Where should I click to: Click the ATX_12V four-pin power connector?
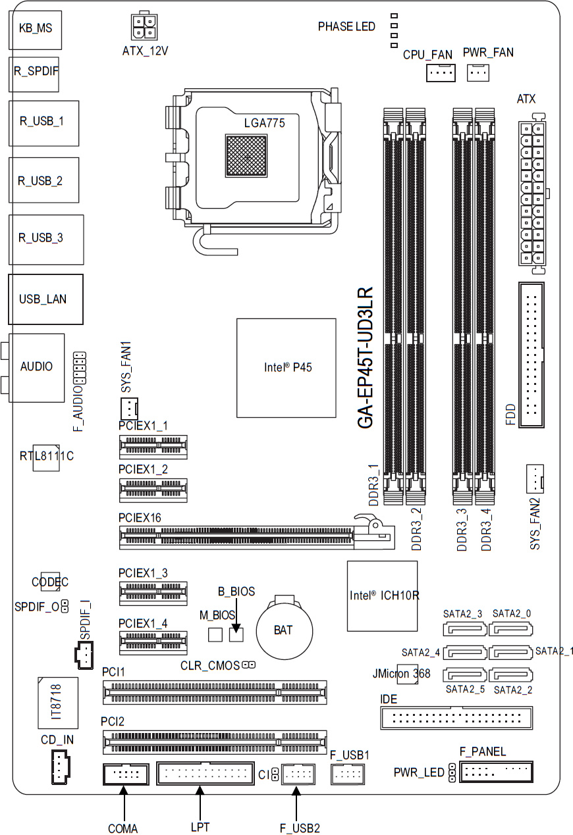tap(144, 26)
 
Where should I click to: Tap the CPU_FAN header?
tap(441, 72)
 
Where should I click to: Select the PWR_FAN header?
tap(478, 72)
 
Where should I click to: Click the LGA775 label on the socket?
tap(265, 122)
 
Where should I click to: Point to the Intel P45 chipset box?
tap(286, 368)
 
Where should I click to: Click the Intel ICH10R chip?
tap(383, 596)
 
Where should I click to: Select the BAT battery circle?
tap(285, 630)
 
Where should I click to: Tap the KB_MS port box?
tap(36, 30)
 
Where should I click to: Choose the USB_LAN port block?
tap(45, 299)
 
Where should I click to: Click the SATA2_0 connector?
tap(510, 630)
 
